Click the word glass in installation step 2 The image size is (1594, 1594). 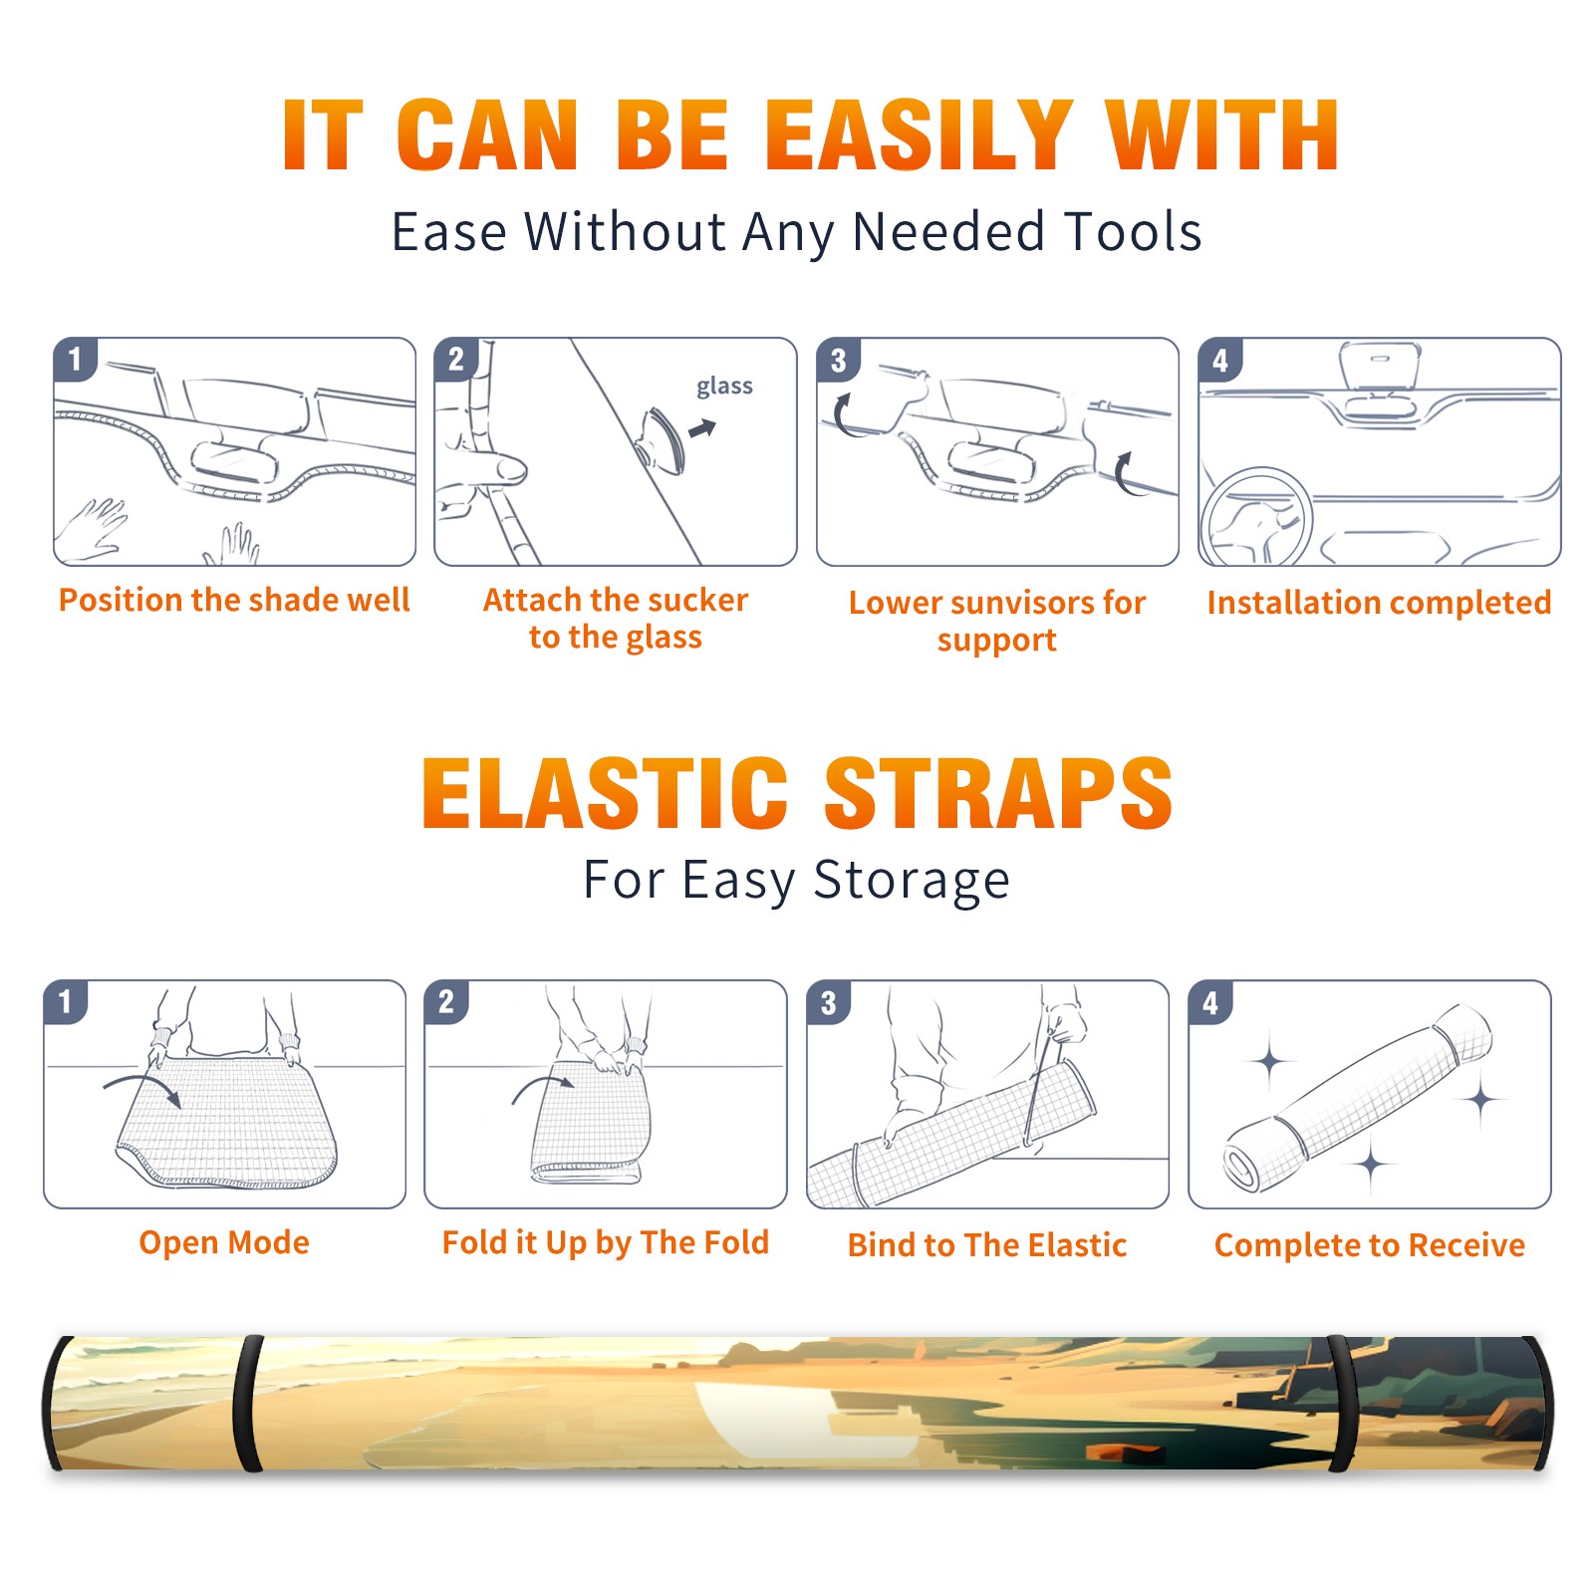coord(724,387)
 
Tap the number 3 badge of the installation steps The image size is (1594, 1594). coord(838,361)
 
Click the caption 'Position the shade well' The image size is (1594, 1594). coord(234,600)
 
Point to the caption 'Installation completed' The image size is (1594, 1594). coord(1379,603)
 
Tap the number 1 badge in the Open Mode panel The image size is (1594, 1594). coord(66,1001)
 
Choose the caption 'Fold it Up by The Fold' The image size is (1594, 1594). coord(606,1242)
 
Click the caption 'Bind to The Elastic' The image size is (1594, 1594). coord(987,1245)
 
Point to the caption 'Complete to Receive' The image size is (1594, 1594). coord(1370,1245)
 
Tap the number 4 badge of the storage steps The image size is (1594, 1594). coord(1210,1002)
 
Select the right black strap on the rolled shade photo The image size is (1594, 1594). coord(1343,1404)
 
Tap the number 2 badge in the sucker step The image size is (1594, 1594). coord(456,360)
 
